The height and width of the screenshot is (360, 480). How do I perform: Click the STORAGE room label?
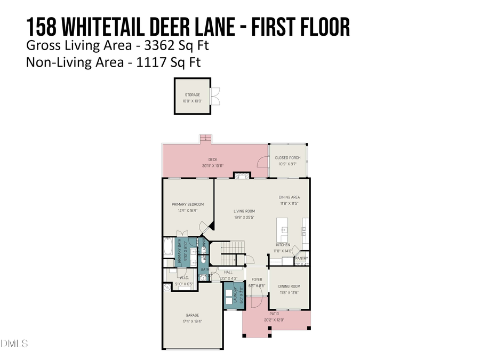tap(192, 95)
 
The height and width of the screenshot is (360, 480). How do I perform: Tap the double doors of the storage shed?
tap(215, 96)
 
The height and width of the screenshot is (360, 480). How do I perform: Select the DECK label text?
tap(212, 159)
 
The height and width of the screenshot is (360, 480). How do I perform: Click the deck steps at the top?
tap(206, 139)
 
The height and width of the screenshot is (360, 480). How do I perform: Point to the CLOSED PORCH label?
tap(287, 158)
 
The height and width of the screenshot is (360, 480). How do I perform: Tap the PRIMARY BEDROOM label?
tap(187, 204)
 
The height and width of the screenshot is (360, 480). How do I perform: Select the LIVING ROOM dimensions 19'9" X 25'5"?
tap(244, 217)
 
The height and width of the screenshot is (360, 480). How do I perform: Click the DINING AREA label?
tap(290, 197)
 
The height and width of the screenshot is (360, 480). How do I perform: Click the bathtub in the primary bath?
tap(168, 247)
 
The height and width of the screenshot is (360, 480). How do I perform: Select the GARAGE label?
tap(192, 315)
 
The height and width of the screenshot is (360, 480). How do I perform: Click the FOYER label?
tap(257, 279)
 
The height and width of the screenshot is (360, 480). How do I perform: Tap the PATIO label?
tap(274, 314)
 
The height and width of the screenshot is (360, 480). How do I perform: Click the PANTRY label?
tap(301, 258)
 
